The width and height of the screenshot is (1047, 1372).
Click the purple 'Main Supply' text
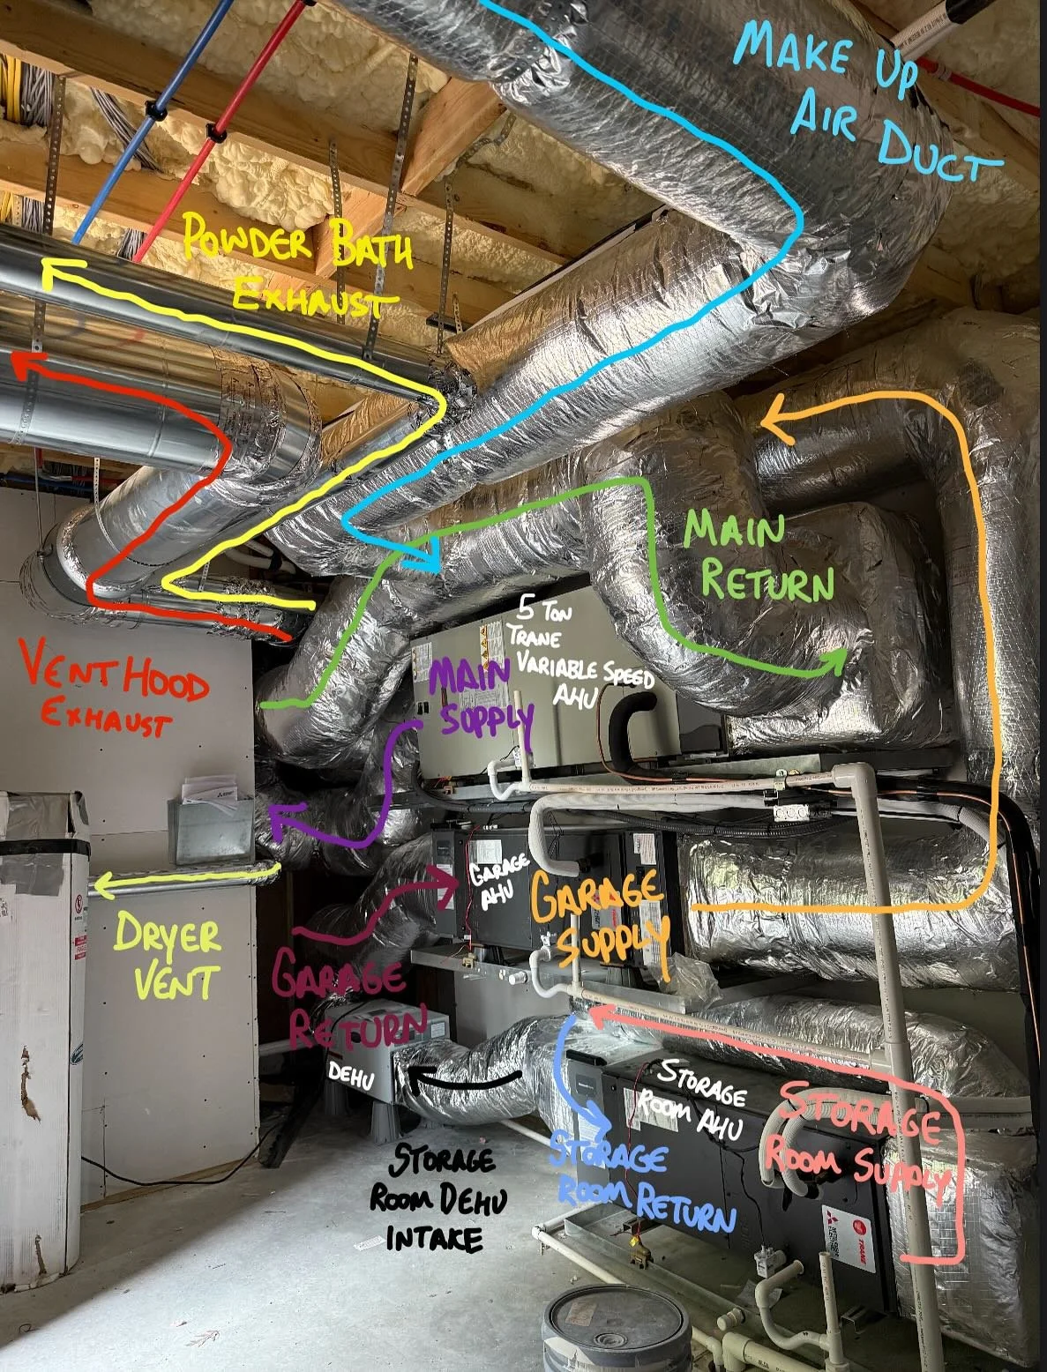pyautogui.click(x=481, y=697)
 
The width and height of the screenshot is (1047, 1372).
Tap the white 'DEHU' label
pyautogui.click(x=351, y=1075)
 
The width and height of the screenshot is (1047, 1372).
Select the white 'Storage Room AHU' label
pyautogui.click(x=701, y=1098)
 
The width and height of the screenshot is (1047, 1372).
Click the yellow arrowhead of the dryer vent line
pyautogui.click(x=99, y=884)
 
